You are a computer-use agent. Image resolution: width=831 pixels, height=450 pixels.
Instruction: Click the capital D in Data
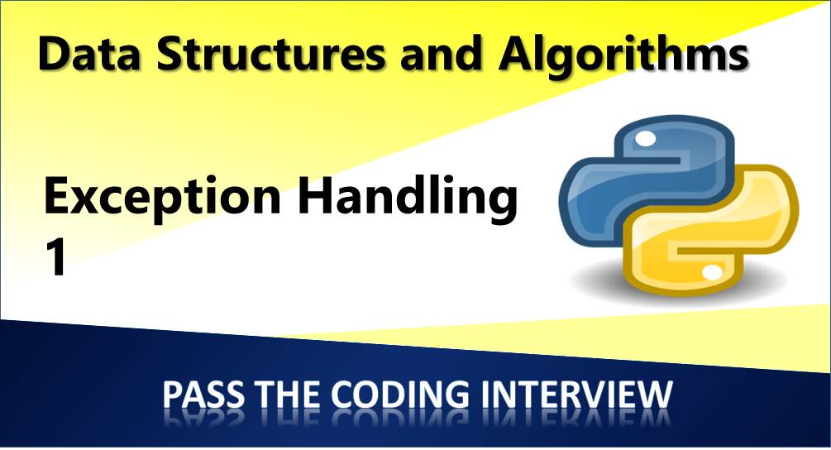(x=54, y=55)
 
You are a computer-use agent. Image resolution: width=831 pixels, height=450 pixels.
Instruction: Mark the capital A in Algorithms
(x=517, y=55)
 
